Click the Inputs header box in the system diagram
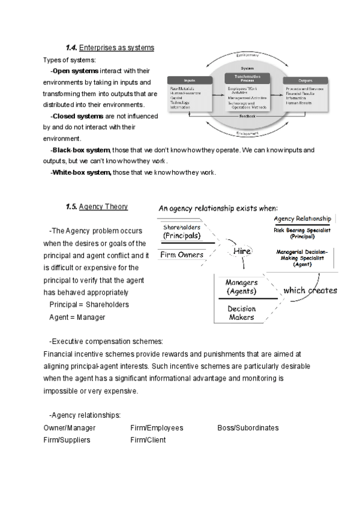(190, 80)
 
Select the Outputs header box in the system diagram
(306, 80)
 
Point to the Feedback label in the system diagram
(247, 116)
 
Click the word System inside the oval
(247, 68)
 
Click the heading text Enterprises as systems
(117, 47)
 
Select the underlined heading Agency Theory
(103, 207)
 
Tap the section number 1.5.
(72, 207)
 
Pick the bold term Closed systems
(78, 116)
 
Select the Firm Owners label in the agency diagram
(182, 255)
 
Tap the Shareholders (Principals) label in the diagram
(182, 232)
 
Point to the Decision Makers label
(241, 313)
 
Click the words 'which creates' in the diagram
(310, 291)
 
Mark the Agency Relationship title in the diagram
(302, 219)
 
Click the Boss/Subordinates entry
(248, 428)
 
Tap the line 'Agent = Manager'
(77, 317)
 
